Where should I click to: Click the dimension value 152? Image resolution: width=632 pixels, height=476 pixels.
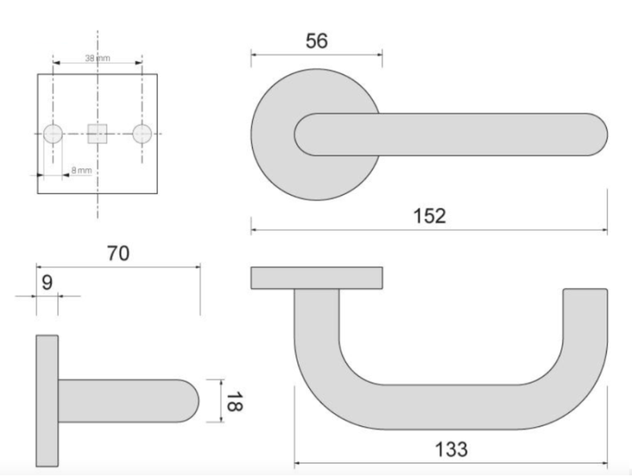429,216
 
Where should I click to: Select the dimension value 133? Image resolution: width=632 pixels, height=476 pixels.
451,449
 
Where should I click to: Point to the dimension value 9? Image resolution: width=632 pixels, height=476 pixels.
47,281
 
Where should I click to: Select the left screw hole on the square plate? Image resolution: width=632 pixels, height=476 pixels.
53,133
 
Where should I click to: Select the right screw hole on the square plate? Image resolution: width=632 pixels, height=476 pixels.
141,133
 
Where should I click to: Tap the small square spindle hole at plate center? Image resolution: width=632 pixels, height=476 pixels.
97,133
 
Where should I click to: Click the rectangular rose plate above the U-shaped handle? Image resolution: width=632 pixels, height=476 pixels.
317,278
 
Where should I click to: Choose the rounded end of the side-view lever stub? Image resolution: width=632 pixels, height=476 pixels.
190,400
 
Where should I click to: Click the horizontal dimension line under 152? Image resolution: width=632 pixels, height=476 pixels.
429,231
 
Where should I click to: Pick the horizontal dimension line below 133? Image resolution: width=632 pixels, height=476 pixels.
451,463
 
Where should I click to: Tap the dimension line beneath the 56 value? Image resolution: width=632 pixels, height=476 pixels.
316,54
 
